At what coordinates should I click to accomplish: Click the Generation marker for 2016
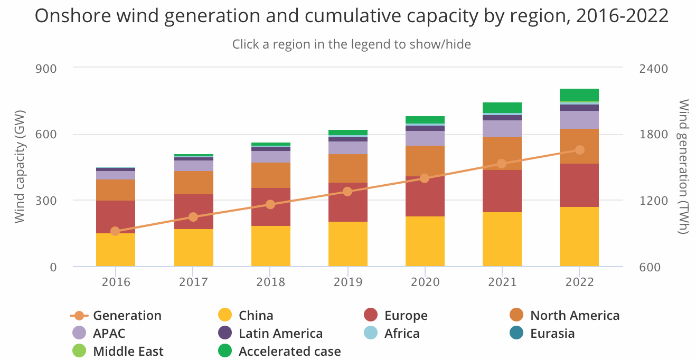click(x=115, y=231)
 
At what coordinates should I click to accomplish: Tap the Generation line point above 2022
click(x=579, y=150)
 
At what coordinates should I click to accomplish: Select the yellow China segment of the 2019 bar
click(x=347, y=243)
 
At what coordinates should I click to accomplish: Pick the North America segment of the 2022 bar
click(x=579, y=146)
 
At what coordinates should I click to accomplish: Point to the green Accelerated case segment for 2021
click(x=502, y=107)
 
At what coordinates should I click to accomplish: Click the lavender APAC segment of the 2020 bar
click(x=425, y=138)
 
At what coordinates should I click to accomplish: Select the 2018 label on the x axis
click(x=270, y=282)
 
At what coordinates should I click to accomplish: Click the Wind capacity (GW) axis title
click(x=20, y=167)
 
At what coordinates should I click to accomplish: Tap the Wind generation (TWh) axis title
click(x=683, y=167)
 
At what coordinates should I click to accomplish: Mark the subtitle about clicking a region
click(x=351, y=44)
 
